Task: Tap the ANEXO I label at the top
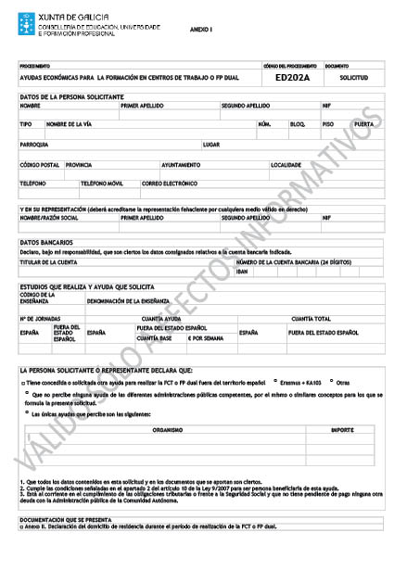(201, 31)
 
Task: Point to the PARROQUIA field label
(34, 145)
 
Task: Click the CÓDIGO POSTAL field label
(39, 164)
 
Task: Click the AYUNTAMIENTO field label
(209, 164)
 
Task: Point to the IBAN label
(243, 272)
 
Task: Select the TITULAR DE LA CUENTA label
(48, 262)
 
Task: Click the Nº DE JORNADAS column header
(40, 318)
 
